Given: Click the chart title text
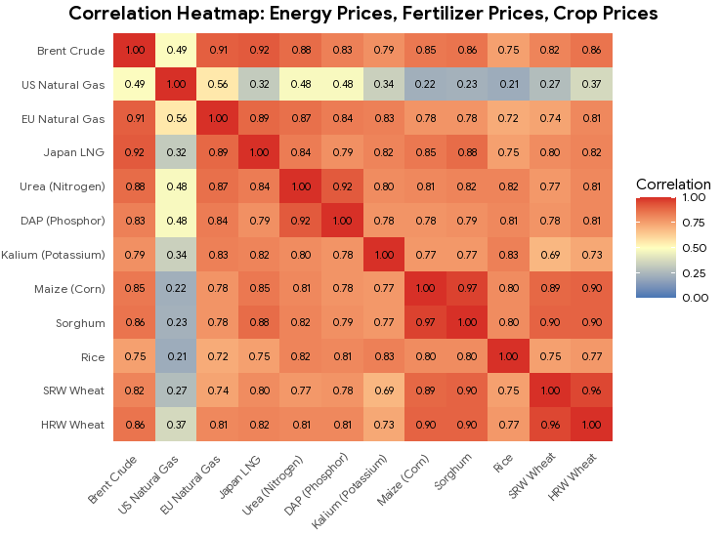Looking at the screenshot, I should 363,14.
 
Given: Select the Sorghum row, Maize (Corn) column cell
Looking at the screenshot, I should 426,321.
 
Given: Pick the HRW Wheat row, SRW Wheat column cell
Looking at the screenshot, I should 550,424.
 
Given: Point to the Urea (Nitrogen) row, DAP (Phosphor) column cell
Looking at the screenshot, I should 343,186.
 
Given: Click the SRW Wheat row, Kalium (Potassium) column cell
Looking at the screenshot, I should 385,390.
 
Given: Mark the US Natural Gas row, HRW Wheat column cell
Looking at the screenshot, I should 591,85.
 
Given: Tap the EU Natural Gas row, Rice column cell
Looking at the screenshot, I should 509,118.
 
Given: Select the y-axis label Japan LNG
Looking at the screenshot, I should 76,152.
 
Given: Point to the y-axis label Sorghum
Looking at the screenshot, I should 81,321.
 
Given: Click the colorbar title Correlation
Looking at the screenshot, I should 673,185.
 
